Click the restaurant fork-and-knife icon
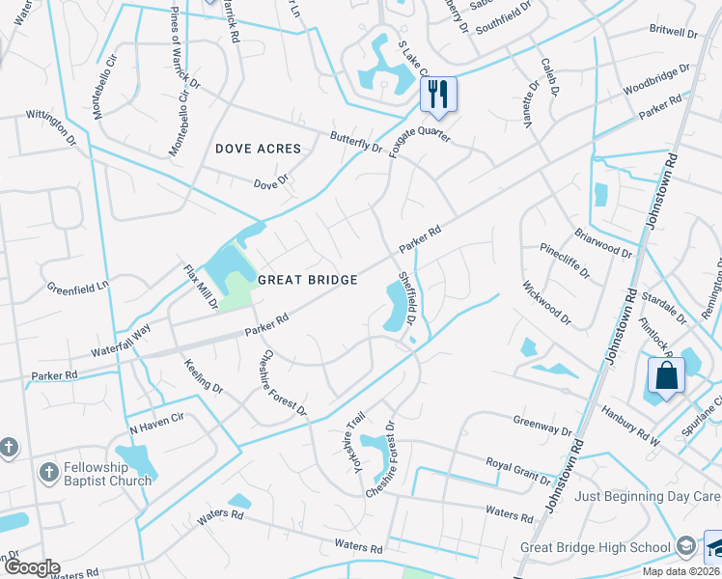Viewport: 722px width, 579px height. [438, 93]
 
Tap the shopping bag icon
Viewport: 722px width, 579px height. [666, 374]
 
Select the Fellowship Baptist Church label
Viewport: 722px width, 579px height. [108, 474]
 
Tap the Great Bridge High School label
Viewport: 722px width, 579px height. [596, 547]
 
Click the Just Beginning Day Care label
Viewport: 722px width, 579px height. [648, 496]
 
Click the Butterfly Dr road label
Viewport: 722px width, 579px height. [356, 141]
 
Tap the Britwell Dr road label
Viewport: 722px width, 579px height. [674, 32]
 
